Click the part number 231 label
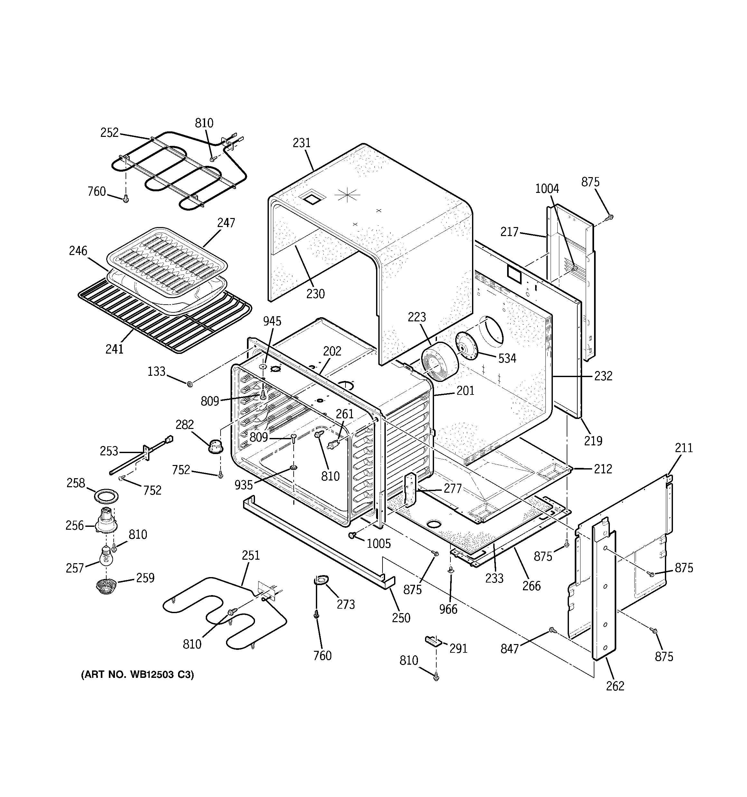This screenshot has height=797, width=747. (301, 143)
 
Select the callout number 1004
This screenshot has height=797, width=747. (547, 188)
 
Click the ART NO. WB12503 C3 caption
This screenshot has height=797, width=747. (137, 675)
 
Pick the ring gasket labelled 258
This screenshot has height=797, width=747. (106, 496)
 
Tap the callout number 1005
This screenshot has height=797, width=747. (379, 544)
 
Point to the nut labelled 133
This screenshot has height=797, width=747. (190, 384)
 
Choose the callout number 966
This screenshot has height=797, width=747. (448, 609)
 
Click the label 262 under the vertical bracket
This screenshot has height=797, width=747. (615, 686)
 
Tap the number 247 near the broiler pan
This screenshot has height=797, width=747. (226, 223)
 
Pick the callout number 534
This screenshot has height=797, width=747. (507, 358)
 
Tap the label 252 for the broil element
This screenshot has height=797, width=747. (109, 132)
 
